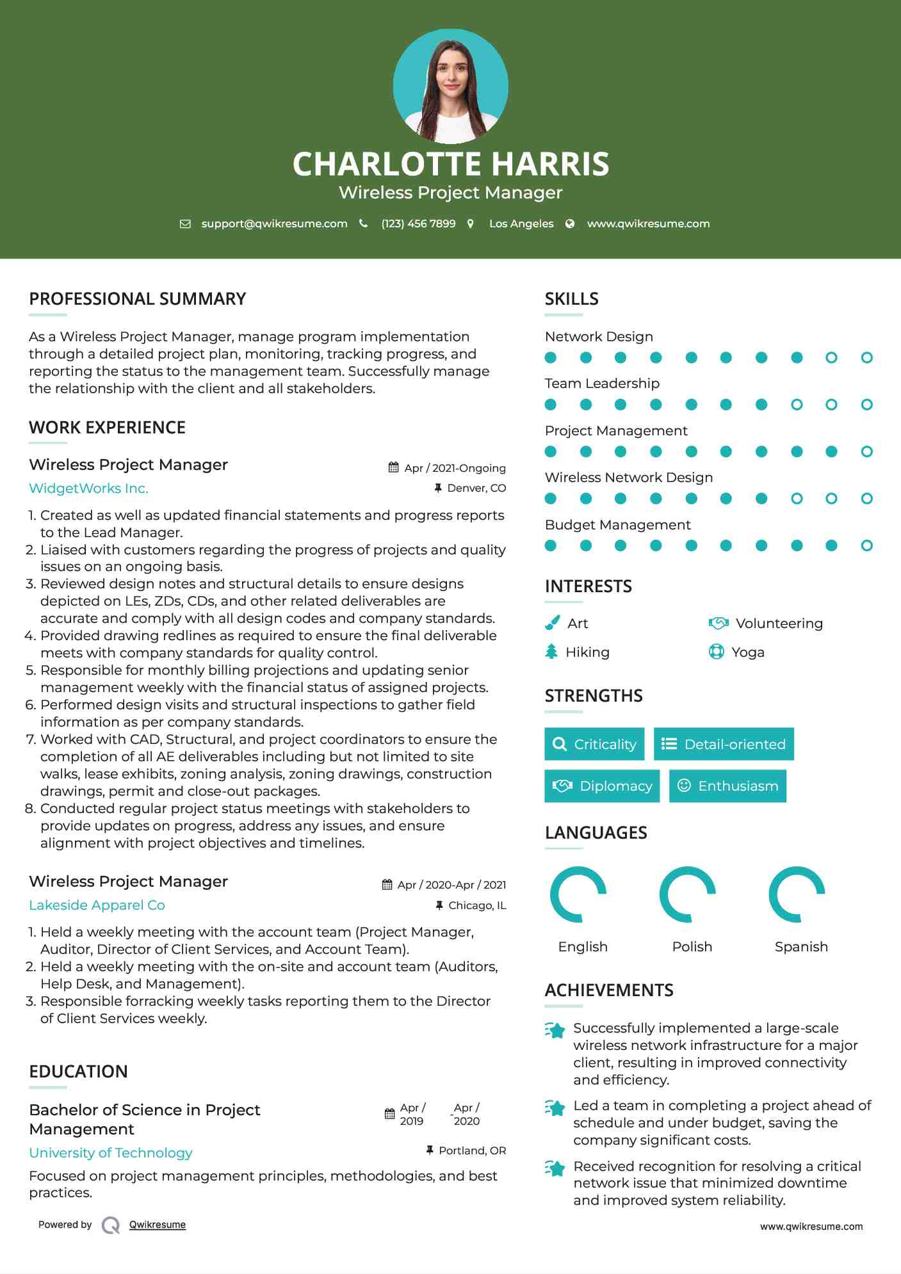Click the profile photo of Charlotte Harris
point(450,86)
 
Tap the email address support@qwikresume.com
point(274,224)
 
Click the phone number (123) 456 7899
point(418,224)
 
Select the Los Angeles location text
point(521,224)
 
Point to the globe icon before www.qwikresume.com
point(570,224)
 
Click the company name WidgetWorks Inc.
point(88,488)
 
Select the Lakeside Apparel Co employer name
point(97,905)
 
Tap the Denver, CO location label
point(476,488)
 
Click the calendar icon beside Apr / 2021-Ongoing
point(393,468)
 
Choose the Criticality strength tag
point(594,744)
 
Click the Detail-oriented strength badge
point(724,744)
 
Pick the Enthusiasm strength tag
point(727,786)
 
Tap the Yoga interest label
point(747,652)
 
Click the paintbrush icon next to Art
point(552,623)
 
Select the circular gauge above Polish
point(687,894)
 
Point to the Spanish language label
point(800,947)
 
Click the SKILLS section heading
point(571,299)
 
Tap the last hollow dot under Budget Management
point(866,545)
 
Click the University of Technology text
point(110,1153)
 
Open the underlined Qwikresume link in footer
point(157,1225)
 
